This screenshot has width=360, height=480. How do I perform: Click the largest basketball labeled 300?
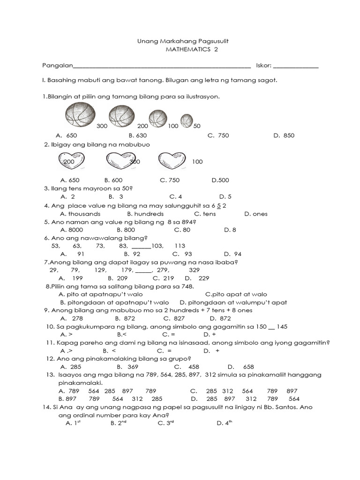coord(80,115)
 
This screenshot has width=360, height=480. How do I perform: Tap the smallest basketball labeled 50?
coord(187,120)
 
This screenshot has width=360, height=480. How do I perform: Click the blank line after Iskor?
coord(296,66)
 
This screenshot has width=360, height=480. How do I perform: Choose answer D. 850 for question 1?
coord(284,135)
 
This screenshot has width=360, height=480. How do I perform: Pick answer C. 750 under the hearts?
coord(170,180)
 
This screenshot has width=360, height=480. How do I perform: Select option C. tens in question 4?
coord(205,214)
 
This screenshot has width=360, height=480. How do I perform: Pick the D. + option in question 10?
coord(210,335)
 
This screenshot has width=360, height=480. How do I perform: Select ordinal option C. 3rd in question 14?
coord(166,423)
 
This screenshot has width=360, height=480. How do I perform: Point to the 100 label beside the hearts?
coord(197,162)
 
